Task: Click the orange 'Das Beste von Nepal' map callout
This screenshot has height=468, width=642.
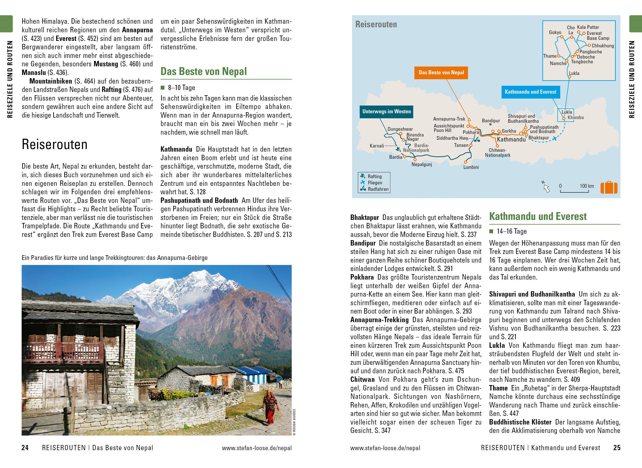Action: click(441, 73)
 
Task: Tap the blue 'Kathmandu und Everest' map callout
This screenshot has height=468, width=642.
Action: click(530, 92)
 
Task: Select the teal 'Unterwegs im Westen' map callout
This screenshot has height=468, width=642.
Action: click(386, 111)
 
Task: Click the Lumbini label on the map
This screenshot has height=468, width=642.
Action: click(471, 167)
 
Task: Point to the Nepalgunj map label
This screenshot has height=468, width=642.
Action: click(422, 165)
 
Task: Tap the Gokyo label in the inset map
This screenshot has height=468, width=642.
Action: click(555, 33)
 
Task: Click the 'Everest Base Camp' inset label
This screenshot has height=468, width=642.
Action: click(598, 36)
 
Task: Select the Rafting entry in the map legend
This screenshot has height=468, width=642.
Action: click(374, 176)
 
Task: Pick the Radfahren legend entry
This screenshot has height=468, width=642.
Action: click(378, 189)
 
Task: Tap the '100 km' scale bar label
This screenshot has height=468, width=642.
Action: click(587, 186)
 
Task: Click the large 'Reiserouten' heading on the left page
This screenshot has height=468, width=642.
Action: click(54, 145)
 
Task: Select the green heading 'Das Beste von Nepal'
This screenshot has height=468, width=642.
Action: click(204, 71)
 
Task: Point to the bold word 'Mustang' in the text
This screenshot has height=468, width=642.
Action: click(106, 64)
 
